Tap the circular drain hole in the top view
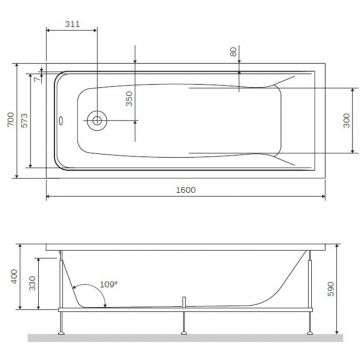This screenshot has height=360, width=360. coord(96,119)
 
